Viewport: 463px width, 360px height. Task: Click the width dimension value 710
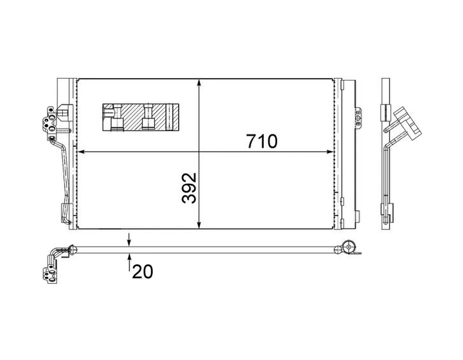tap(262, 141)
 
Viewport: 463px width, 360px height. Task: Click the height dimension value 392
tap(189, 188)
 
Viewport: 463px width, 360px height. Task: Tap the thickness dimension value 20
tap(143, 271)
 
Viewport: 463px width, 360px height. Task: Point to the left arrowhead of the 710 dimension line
tap(81, 152)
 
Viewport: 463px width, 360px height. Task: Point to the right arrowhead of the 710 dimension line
tap(329, 152)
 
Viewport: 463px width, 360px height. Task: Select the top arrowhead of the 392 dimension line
tap(200, 83)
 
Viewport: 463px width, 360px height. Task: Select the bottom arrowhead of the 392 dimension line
tap(200, 224)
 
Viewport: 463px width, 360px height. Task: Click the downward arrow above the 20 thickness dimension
tap(129, 240)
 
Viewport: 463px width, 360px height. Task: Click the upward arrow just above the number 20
tap(129, 262)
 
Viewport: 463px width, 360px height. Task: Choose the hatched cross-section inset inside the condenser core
tap(141, 117)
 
